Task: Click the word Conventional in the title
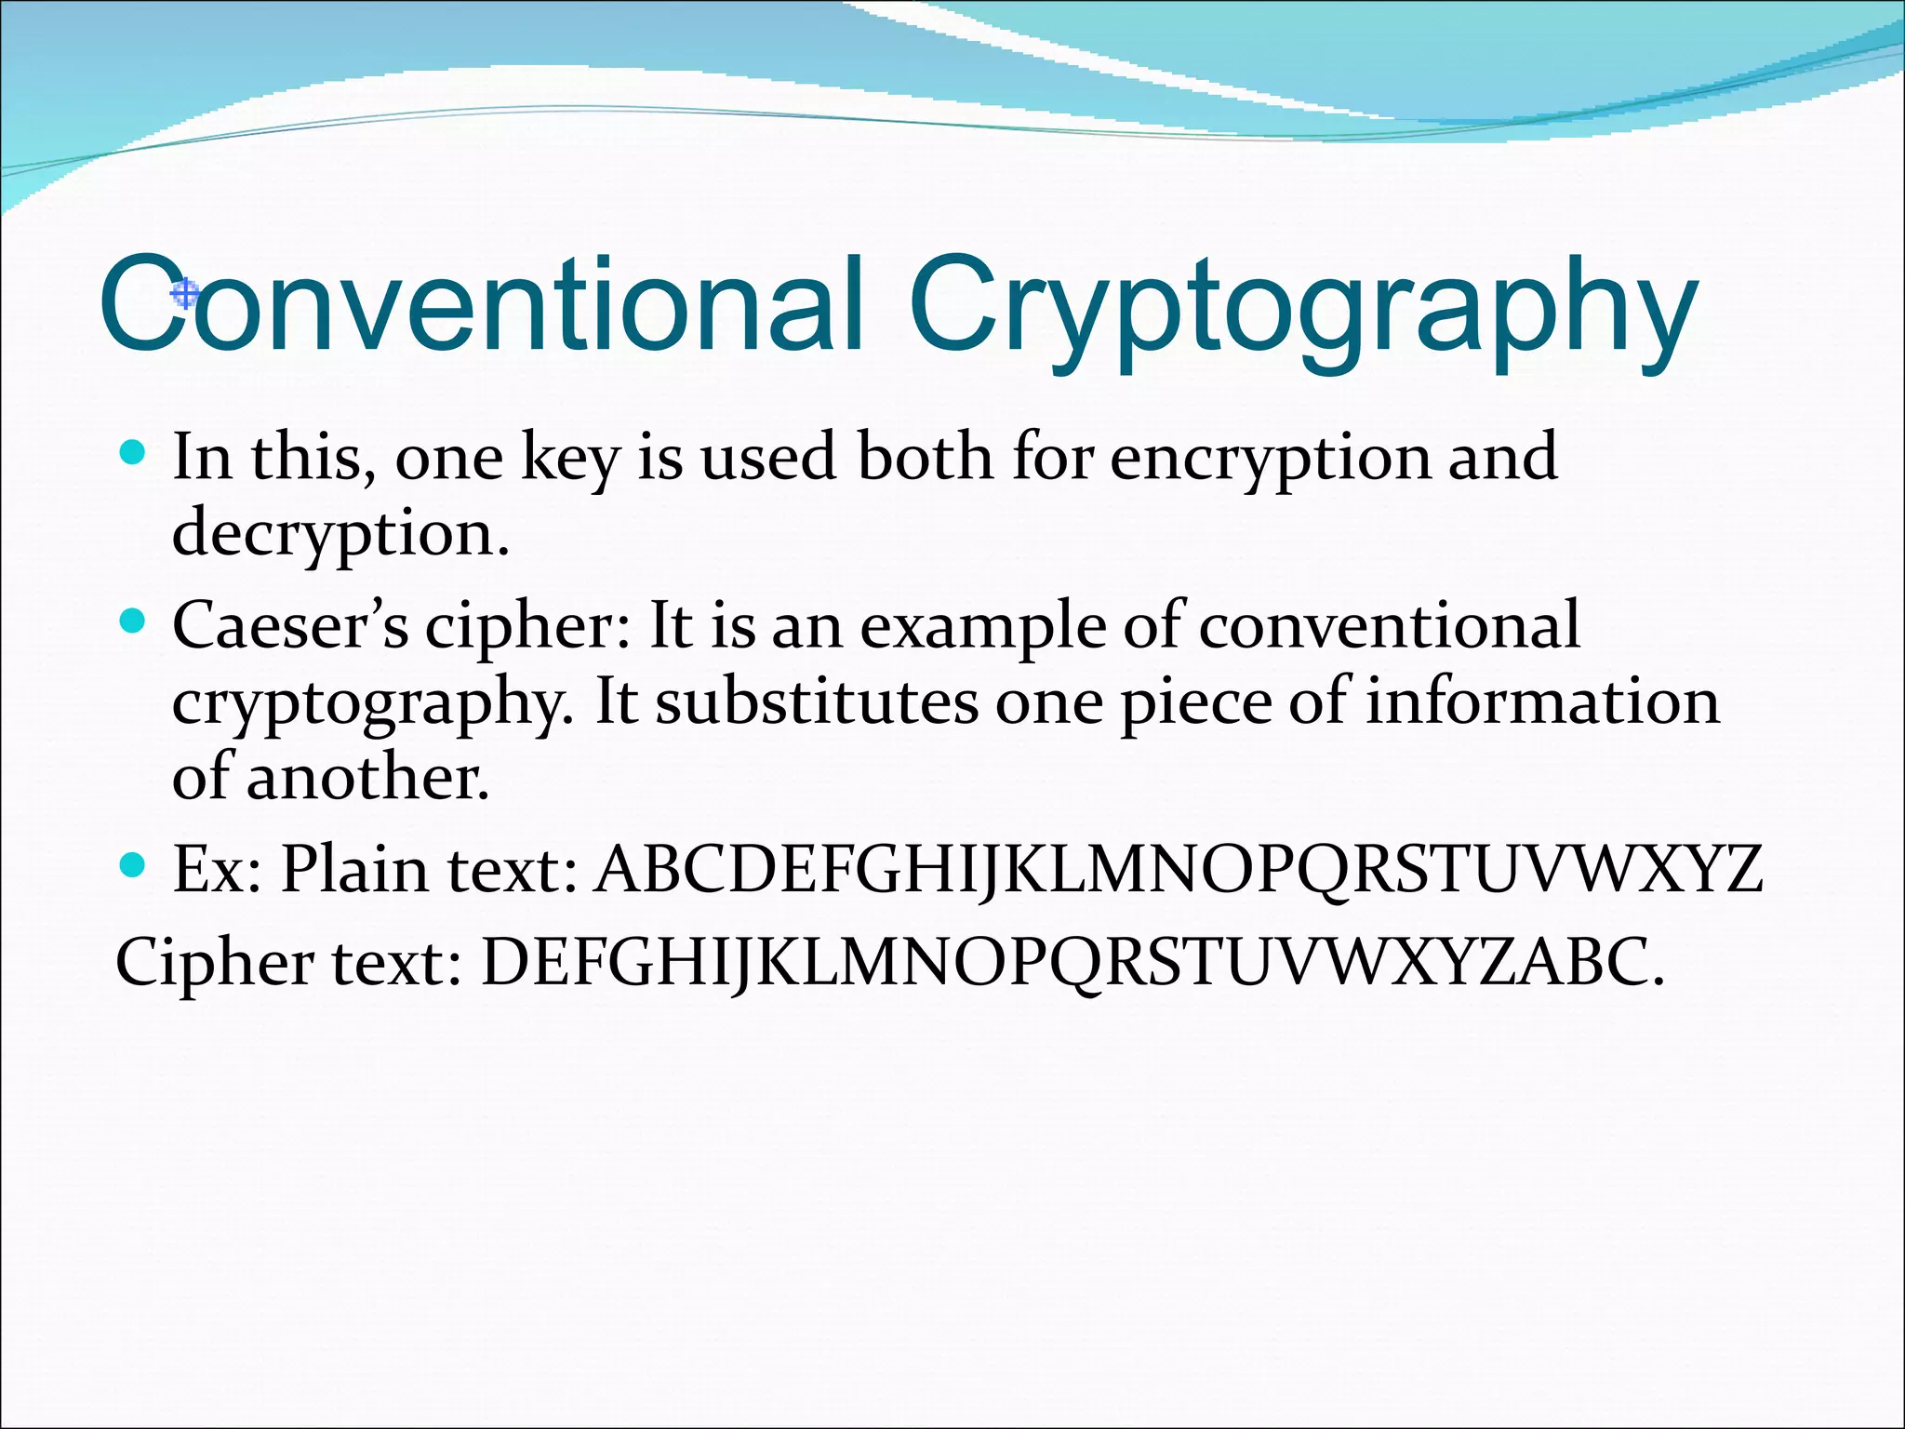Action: click(480, 304)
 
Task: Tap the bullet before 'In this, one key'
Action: click(134, 453)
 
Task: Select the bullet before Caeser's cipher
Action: click(134, 621)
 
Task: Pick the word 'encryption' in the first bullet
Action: click(1270, 458)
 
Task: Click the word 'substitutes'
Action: click(817, 701)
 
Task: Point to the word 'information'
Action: click(1541, 701)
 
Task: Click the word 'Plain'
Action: click(354, 870)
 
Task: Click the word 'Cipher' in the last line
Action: click(214, 962)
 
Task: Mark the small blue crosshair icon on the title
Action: click(185, 294)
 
